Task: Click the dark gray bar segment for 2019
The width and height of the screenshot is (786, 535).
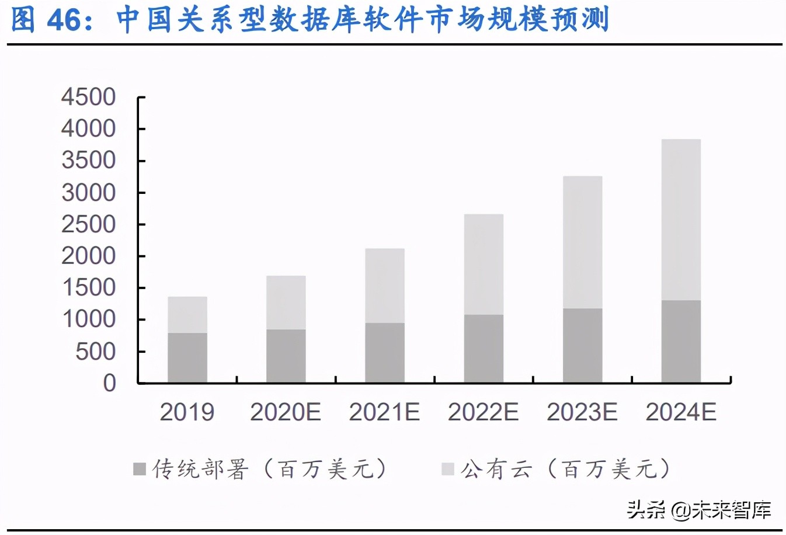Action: (x=187, y=357)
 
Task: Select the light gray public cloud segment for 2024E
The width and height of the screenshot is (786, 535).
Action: (x=681, y=220)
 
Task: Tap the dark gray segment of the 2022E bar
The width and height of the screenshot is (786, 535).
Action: (x=484, y=349)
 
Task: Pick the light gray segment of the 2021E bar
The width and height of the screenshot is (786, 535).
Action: (x=385, y=286)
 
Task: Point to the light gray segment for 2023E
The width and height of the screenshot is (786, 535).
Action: (x=582, y=242)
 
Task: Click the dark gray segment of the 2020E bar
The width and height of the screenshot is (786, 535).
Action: (x=286, y=356)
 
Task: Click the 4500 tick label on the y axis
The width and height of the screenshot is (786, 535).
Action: (x=89, y=97)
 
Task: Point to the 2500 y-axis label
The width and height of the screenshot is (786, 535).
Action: (x=89, y=224)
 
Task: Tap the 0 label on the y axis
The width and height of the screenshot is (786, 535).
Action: (x=110, y=383)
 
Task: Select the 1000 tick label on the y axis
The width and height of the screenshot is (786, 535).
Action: (x=89, y=319)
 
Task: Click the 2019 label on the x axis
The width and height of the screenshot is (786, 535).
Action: (x=187, y=412)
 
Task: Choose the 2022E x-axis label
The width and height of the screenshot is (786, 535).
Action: (x=484, y=412)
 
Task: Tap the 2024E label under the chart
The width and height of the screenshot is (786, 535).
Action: (x=681, y=412)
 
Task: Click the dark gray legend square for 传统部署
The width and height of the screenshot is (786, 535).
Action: (x=140, y=469)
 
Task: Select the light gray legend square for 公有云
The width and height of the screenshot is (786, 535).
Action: (x=448, y=469)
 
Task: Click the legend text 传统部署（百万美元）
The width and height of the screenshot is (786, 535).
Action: (x=269, y=469)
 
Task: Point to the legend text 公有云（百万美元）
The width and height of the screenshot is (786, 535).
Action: (x=565, y=469)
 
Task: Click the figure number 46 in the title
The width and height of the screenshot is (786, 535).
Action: (x=64, y=19)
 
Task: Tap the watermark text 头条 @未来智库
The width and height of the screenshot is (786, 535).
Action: (x=699, y=510)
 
